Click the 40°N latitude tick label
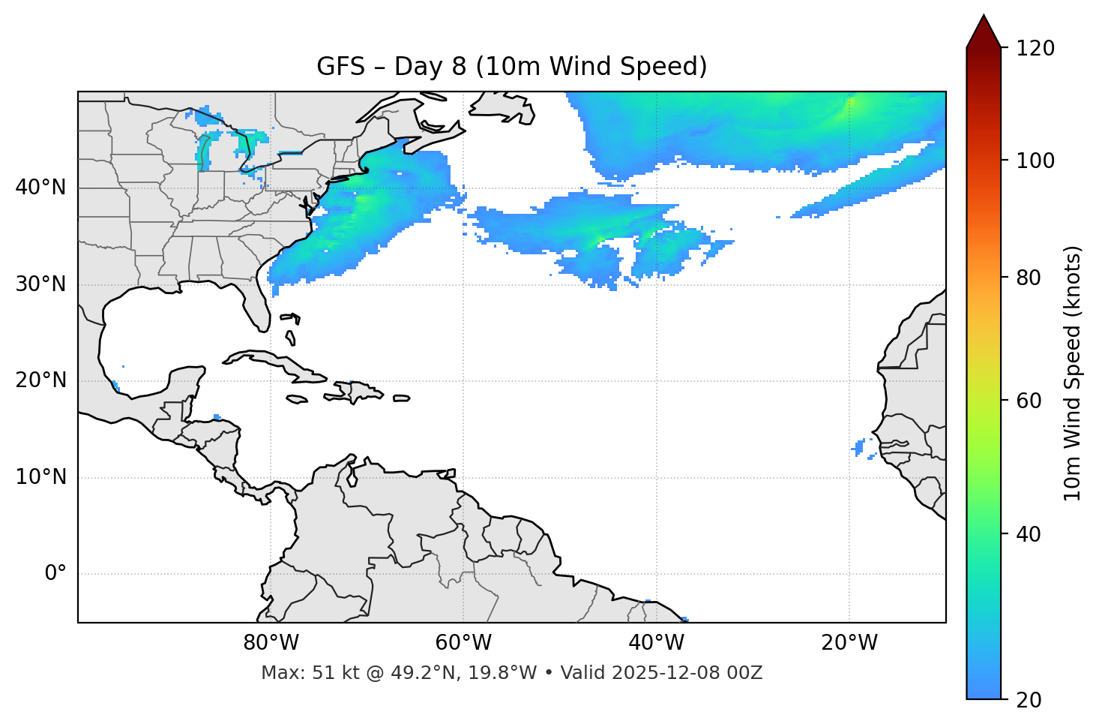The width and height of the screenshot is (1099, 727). [40, 188]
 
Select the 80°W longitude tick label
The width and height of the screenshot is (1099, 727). [271, 643]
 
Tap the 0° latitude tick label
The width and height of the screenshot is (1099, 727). [55, 574]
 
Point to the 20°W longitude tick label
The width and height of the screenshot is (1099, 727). [849, 643]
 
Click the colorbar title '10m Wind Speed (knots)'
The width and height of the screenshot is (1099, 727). [1072, 373]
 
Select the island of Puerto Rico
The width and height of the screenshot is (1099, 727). [401, 398]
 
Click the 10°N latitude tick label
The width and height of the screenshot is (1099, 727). [40, 477]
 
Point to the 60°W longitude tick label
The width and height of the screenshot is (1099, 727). [463, 643]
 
